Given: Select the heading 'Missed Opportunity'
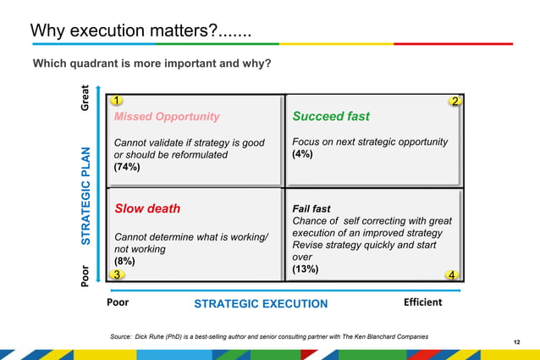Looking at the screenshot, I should coord(167,117).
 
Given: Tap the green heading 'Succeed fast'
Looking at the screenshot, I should coord(331,116).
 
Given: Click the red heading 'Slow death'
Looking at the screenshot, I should coord(147,208).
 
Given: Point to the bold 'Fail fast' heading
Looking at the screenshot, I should coord(311,208).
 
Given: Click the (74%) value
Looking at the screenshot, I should coord(127,168).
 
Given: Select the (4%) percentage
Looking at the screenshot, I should coord(302,155).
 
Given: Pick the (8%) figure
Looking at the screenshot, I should coord(124,262).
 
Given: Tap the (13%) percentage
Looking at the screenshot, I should coord(305,269).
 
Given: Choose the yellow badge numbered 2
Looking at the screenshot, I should coord(455,102).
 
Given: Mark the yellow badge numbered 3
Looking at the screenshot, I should coord(118,274).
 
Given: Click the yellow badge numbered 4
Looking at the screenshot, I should coord(453,274).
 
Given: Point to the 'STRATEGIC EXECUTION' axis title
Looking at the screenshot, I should coord(261,304).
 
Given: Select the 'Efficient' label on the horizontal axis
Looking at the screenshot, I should coord(422,302).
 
